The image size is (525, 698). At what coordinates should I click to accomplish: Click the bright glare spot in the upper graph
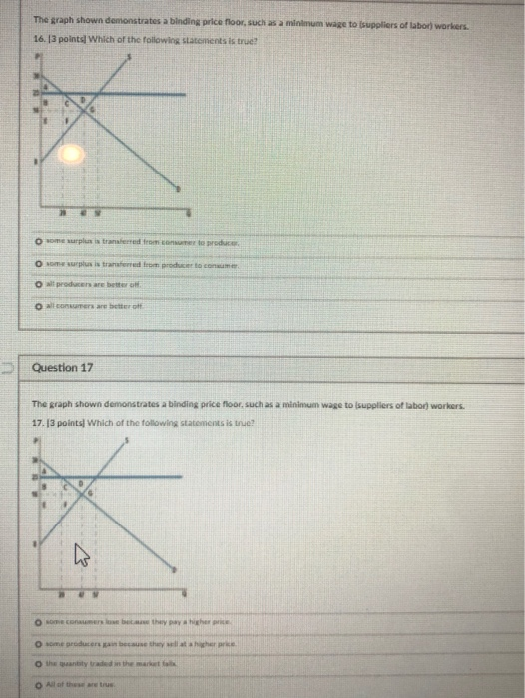pyautogui.click(x=69, y=154)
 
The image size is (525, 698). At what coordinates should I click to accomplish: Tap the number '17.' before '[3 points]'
pyautogui.click(x=39, y=423)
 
